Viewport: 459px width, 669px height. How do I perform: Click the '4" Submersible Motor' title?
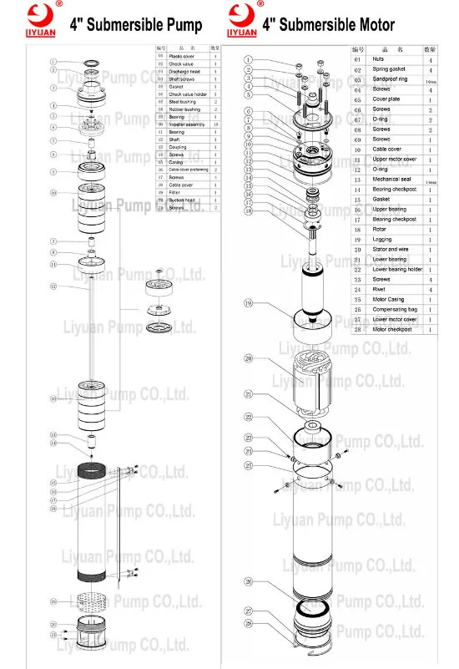(x=329, y=25)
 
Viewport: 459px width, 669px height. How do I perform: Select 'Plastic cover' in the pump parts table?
(x=181, y=56)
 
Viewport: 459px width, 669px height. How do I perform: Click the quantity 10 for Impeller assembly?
(x=214, y=124)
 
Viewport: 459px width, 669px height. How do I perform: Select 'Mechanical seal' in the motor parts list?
(x=392, y=180)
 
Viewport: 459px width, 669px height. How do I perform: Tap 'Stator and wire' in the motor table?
(x=391, y=249)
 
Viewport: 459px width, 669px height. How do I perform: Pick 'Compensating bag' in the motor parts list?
(x=393, y=309)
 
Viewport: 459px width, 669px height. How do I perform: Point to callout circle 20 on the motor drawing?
(x=248, y=359)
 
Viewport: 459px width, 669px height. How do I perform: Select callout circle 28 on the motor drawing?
(x=248, y=623)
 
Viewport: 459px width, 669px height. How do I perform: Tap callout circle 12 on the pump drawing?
(x=53, y=286)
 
